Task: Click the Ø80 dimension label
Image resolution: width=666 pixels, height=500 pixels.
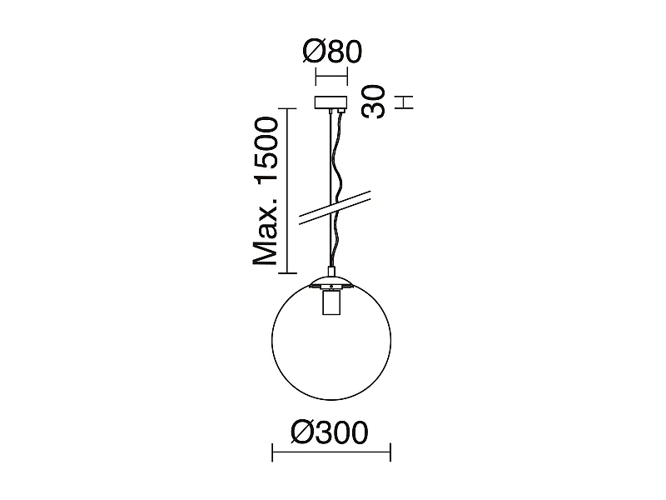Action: click(331, 52)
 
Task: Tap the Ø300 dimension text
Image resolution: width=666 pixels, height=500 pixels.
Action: click(331, 432)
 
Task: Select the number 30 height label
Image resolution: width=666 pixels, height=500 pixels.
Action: click(375, 102)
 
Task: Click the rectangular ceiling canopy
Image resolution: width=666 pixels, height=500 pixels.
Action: click(331, 104)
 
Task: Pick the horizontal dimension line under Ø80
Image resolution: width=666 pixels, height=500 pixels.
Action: click(331, 79)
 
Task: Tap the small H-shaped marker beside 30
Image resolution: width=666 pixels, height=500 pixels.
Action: click(405, 102)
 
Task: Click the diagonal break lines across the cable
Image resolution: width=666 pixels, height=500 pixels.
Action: click(333, 207)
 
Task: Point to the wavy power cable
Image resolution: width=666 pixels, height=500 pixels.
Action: click(339, 167)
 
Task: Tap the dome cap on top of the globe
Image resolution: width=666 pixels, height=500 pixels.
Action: click(331, 281)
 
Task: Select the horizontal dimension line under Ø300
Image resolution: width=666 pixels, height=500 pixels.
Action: click(331, 455)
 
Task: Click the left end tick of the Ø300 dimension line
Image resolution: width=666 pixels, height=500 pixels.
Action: click(273, 455)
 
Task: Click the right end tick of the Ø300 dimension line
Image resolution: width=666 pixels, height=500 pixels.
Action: click(390, 455)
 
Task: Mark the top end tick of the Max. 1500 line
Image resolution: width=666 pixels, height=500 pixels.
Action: click(287, 108)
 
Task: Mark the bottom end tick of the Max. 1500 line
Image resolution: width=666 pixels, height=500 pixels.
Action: click(287, 272)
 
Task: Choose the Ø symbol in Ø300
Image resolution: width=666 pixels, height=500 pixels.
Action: click(304, 432)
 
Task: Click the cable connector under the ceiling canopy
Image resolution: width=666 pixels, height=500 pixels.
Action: click(339, 112)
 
